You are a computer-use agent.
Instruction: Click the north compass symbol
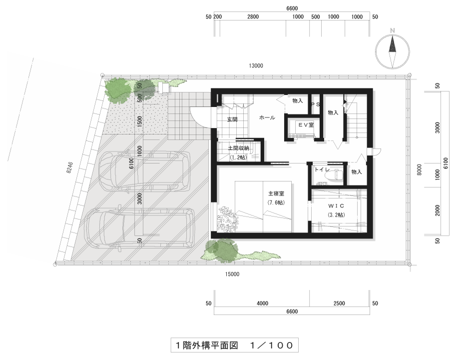pyautogui.click(x=392, y=51)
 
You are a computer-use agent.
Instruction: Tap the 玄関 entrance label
pyautogui.click(x=232, y=119)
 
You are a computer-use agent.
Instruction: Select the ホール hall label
pyautogui.click(x=267, y=117)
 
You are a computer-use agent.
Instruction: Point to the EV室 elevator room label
pyautogui.click(x=306, y=125)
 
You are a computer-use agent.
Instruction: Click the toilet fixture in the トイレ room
pyautogui.click(x=338, y=174)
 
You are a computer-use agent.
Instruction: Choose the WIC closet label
pyautogui.click(x=336, y=206)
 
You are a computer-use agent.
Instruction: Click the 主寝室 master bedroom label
pyautogui.click(x=276, y=193)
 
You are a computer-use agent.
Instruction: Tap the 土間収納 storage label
pyautogui.click(x=238, y=148)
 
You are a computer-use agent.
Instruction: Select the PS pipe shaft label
pyautogui.click(x=316, y=104)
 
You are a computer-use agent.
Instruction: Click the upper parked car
pyautogui.click(x=144, y=171)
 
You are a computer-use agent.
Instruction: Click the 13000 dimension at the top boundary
pyautogui.click(x=256, y=65)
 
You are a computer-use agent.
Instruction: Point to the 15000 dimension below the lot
pyautogui.click(x=232, y=274)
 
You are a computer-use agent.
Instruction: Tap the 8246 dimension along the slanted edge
pyautogui.click(x=69, y=168)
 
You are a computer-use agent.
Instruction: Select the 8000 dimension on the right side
pyautogui.click(x=420, y=169)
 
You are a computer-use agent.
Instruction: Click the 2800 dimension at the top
pyautogui.click(x=253, y=16)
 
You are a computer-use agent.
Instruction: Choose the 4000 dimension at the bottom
pyautogui.click(x=262, y=303)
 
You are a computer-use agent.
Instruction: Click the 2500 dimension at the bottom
pyautogui.click(x=339, y=303)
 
